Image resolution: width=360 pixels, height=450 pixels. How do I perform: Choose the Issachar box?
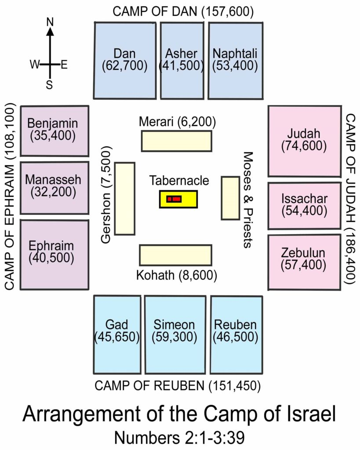coord(304,205)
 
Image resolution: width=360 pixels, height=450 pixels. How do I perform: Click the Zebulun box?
coord(304,261)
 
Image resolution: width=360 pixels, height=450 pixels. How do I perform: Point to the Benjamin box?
coord(55,130)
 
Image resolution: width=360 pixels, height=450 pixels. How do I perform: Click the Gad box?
coord(117,334)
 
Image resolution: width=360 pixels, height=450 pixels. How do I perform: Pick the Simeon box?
coord(175,334)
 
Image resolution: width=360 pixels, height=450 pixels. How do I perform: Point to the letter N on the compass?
coord(50,21)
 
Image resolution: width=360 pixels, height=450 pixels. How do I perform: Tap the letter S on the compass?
coord(50,84)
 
